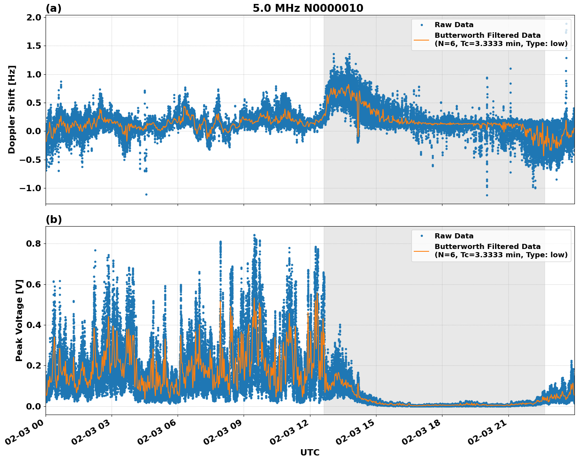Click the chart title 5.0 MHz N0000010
pos(308,8)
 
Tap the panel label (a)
pos(53,8)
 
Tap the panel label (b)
pos(54,219)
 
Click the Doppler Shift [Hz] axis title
pos(12,109)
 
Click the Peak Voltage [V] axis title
pos(19,320)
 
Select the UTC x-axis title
pos(310,452)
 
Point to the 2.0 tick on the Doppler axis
pos(34,18)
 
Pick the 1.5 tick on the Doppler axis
pos(34,46)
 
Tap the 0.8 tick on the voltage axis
pos(34,243)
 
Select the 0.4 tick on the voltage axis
pos(34,325)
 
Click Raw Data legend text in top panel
pos(454,25)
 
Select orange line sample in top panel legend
pos(421,40)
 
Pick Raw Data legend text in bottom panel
pos(454,236)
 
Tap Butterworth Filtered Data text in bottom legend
pos(487,247)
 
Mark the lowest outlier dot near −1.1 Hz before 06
pos(146,194)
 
